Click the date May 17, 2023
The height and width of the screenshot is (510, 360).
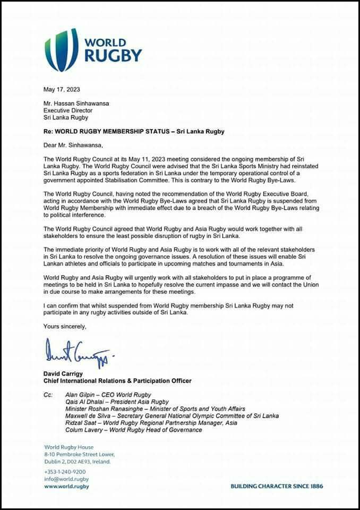pyautogui.click(x=62, y=90)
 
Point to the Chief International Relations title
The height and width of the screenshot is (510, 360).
pyautogui.click(x=117, y=381)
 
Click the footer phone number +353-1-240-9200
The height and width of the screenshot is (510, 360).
pyautogui.click(x=65, y=472)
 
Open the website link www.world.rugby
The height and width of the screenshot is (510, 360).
pyautogui.click(x=66, y=486)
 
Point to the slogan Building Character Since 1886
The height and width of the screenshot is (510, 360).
pyautogui.click(x=277, y=486)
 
